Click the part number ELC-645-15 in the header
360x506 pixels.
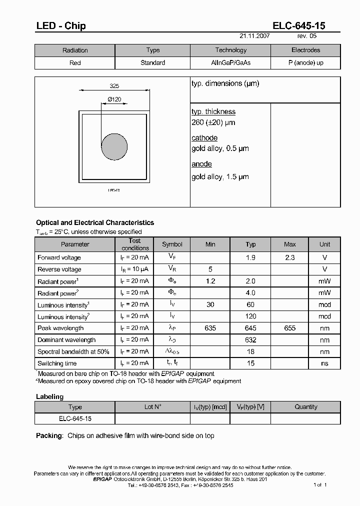298,26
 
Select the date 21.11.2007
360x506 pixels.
255,36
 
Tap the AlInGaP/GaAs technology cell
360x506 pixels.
230,63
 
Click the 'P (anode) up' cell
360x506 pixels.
305,63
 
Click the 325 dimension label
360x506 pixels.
114,86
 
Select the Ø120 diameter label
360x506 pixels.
114,99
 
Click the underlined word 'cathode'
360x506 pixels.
204,138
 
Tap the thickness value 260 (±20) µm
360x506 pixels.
213,122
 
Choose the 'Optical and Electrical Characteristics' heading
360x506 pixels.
95,222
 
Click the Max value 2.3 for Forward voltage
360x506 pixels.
289,257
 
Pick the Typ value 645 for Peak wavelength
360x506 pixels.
250,328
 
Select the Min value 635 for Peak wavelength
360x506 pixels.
210,328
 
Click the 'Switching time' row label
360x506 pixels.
57,363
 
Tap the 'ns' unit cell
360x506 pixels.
324,363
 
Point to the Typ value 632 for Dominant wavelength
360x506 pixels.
250,340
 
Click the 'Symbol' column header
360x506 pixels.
172,244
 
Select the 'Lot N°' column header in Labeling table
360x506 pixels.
152,407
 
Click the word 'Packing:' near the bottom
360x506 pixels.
49,435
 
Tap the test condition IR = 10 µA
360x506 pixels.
134,269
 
